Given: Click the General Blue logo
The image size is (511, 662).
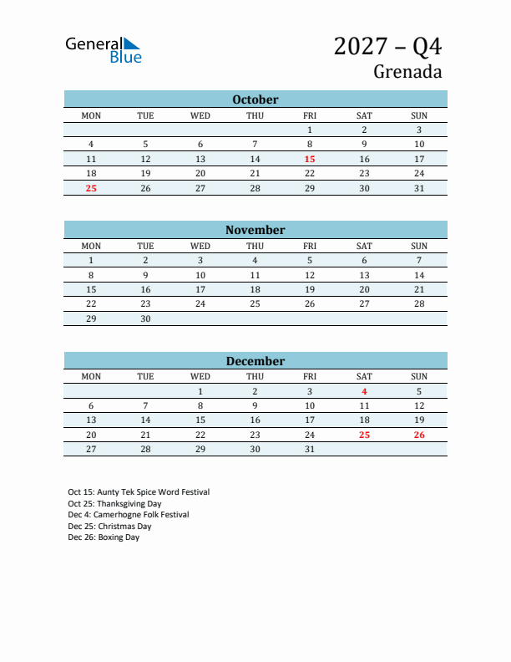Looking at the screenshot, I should tap(104, 50).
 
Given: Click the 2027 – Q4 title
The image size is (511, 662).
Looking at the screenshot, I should tap(387, 46).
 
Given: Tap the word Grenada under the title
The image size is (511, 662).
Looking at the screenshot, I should tap(407, 72).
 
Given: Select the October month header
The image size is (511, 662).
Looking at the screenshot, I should tap(255, 99).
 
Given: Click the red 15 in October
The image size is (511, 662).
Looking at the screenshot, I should tap(310, 159).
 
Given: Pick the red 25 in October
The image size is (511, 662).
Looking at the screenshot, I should tap(91, 189).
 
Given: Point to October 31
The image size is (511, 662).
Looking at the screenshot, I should tap(419, 189).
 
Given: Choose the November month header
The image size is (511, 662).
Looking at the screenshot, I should tap(255, 230).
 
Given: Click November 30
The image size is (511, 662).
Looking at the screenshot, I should tap(145, 319).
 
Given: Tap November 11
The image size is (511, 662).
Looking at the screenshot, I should tap(255, 275).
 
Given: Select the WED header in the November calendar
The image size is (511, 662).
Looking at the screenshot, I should tap(200, 246).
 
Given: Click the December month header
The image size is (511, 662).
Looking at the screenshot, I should tap(255, 361).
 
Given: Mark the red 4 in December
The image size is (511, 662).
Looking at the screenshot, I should tap(364, 391).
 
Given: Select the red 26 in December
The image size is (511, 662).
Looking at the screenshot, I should tap(419, 435).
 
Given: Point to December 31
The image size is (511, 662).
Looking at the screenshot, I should tap(310, 450).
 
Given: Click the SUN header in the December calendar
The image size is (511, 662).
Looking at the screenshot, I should tap(419, 377).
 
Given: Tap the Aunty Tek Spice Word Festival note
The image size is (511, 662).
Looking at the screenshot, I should tap(139, 492).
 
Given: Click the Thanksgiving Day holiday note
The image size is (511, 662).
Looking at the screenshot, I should tap(114, 504).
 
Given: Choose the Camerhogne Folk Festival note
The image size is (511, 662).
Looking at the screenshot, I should tap(129, 515).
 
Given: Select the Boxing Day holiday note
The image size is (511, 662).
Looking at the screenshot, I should tap(104, 537).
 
